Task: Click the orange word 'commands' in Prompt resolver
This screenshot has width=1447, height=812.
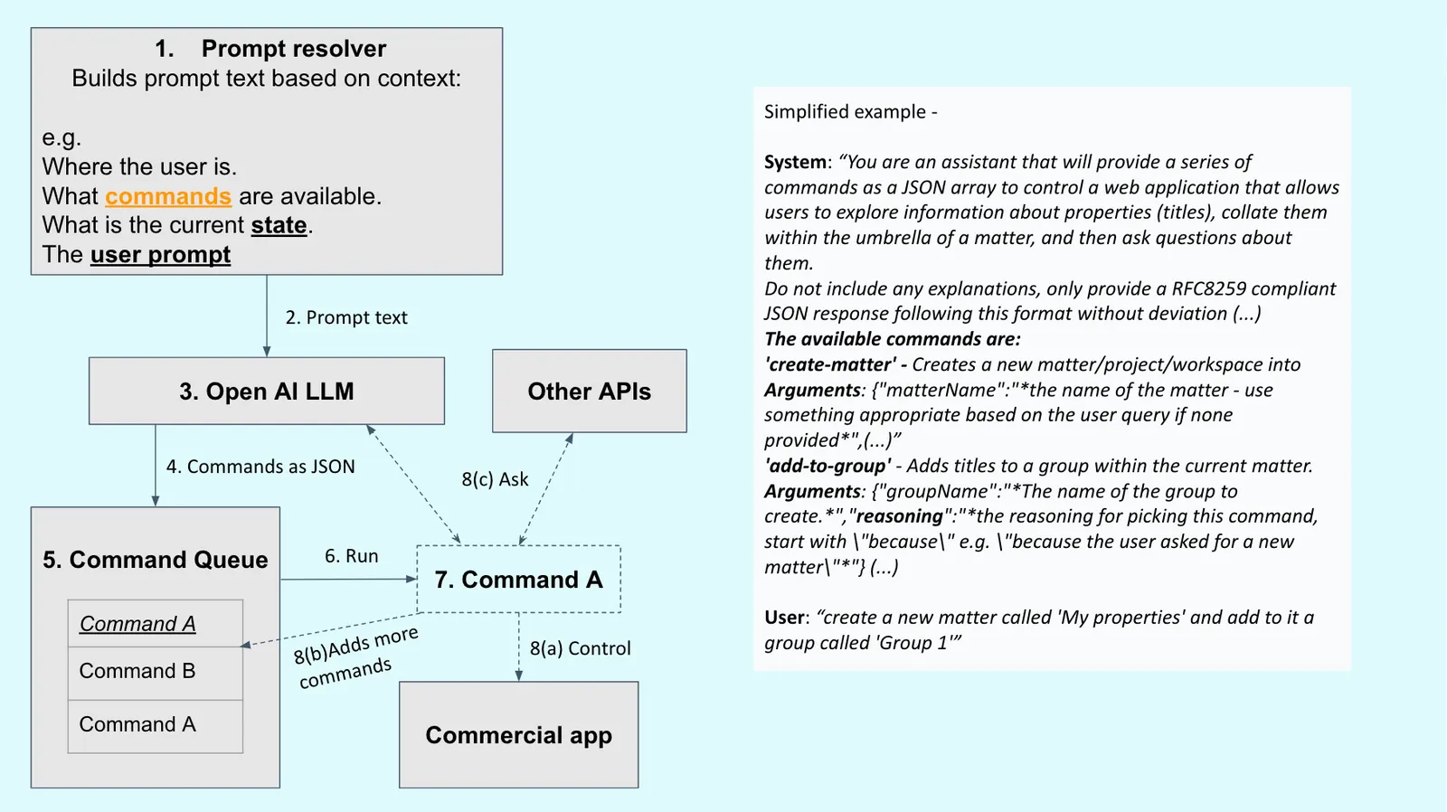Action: [168, 196]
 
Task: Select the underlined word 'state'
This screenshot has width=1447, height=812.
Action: [279, 225]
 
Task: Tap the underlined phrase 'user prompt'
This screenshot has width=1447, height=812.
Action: [160, 255]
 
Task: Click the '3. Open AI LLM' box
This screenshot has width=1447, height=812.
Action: [266, 392]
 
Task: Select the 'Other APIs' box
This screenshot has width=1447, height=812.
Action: [589, 392]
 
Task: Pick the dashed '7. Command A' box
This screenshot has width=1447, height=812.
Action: [518, 580]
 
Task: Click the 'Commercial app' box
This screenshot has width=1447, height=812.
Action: [518, 735]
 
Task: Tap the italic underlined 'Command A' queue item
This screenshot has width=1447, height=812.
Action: [137, 624]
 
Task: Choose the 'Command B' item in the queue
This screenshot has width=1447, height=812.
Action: [137, 671]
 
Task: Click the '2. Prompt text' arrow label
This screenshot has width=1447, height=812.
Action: [346, 317]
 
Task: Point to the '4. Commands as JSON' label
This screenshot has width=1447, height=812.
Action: [260, 467]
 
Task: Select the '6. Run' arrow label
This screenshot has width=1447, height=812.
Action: [351, 556]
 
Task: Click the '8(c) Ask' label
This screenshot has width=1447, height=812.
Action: [495, 479]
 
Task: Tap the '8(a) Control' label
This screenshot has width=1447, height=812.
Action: [580, 648]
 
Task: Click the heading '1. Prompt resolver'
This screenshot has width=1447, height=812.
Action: [270, 49]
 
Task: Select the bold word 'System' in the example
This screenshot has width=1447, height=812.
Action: [795, 162]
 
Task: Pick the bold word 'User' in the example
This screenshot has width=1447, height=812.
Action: [785, 618]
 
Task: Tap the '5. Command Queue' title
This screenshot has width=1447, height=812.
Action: [155, 560]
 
